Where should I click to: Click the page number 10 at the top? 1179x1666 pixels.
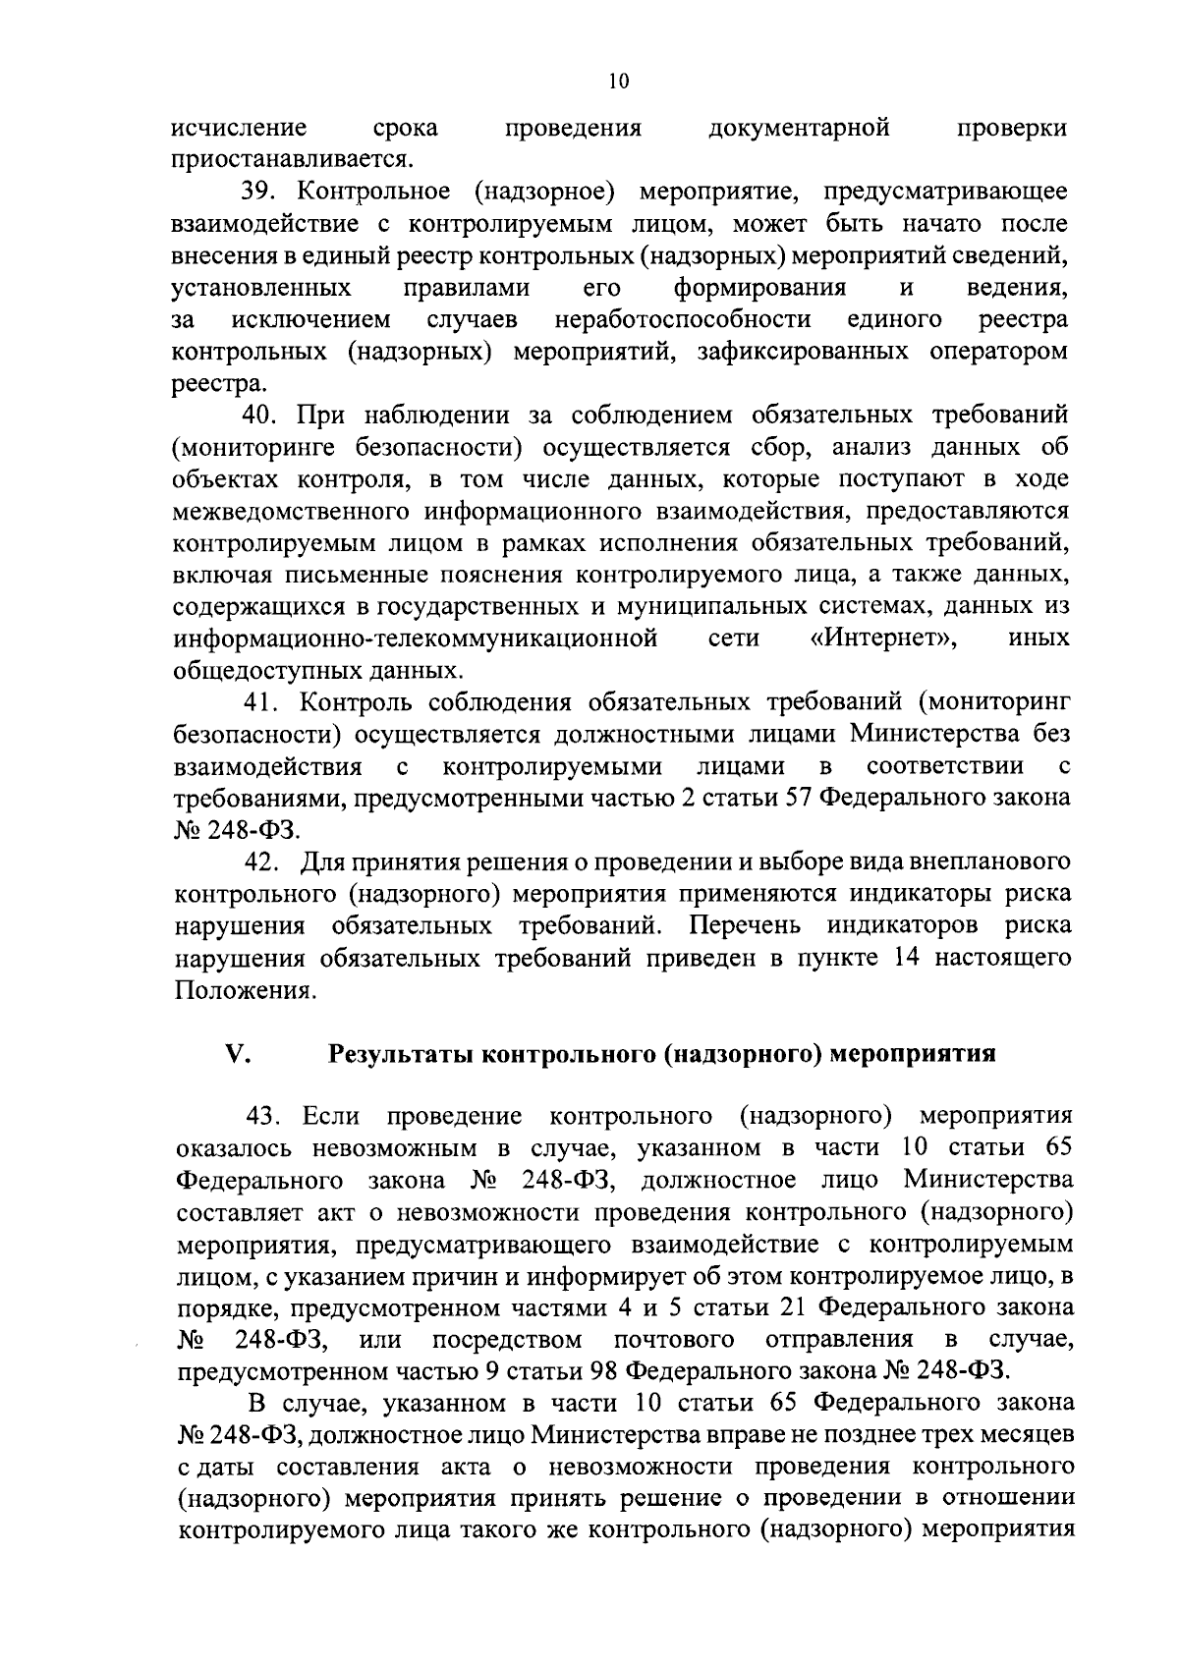coord(617,82)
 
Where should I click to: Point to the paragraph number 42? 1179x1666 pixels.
coord(263,862)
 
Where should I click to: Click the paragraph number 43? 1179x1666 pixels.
coord(265,1116)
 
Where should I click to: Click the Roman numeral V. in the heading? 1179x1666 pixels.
coord(239,1054)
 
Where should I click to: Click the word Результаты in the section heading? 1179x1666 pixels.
coord(402,1055)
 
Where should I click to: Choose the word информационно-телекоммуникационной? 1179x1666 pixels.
coord(416,639)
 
